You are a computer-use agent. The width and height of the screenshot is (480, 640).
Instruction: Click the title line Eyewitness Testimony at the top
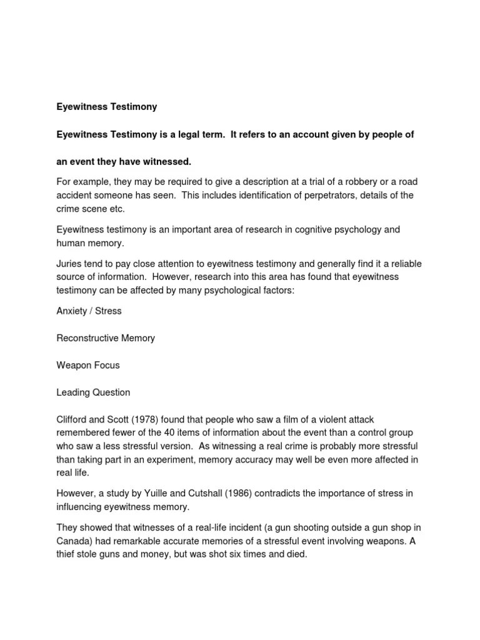pyautogui.click(x=107, y=107)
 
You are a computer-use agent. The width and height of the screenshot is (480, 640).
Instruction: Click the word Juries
pyautogui.click(x=70, y=263)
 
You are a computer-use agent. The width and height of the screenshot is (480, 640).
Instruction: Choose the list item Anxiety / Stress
pyautogui.click(x=89, y=311)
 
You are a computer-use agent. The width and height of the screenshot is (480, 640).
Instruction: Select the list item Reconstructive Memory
pyautogui.click(x=106, y=338)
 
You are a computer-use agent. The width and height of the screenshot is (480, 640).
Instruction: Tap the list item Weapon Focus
pyautogui.click(x=88, y=365)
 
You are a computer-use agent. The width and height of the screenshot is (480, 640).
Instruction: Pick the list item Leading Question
pyautogui.click(x=93, y=392)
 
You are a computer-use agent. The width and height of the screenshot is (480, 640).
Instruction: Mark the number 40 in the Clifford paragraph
pyautogui.click(x=205, y=432)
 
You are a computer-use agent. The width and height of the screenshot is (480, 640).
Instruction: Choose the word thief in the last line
pyautogui.click(x=67, y=554)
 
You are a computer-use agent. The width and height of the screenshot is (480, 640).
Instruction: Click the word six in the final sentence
pyautogui.click(x=243, y=554)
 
